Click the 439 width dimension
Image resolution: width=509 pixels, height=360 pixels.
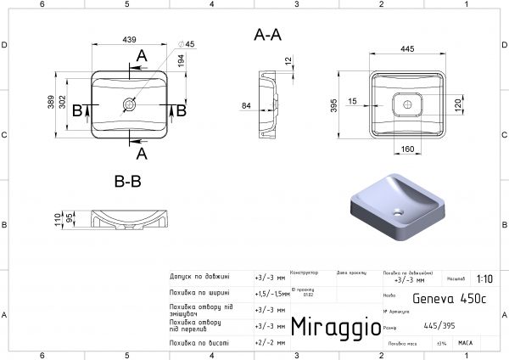point(130,40)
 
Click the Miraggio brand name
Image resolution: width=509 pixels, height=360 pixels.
point(330,327)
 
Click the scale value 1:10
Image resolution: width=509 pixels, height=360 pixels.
point(484,278)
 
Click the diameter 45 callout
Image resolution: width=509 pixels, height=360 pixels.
point(187,44)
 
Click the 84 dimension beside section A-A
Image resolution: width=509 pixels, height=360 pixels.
point(246,106)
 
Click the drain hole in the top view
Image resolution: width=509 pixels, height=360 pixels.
point(130,105)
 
